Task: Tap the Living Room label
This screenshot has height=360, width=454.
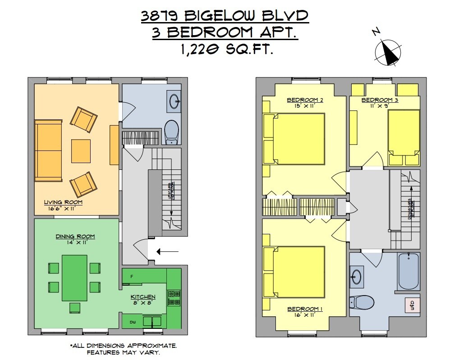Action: pyautogui.click(x=63, y=202)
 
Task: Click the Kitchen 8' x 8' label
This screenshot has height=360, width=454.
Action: pyautogui.click(x=143, y=300)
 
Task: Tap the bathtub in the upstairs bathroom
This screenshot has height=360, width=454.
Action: pyautogui.click(x=409, y=271)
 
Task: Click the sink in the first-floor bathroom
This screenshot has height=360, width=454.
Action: pyautogui.click(x=174, y=102)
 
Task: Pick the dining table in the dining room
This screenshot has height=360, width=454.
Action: pyautogui.click(x=74, y=278)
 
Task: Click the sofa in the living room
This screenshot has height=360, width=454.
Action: pyautogui.click(x=49, y=150)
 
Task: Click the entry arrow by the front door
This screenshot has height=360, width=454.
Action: pyautogui.click(x=168, y=251)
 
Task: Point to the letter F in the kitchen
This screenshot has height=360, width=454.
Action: pyautogui.click(x=131, y=276)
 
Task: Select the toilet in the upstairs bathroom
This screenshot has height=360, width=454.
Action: pyautogui.click(x=363, y=302)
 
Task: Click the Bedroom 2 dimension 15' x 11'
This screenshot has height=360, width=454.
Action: pyautogui.click(x=300, y=105)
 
